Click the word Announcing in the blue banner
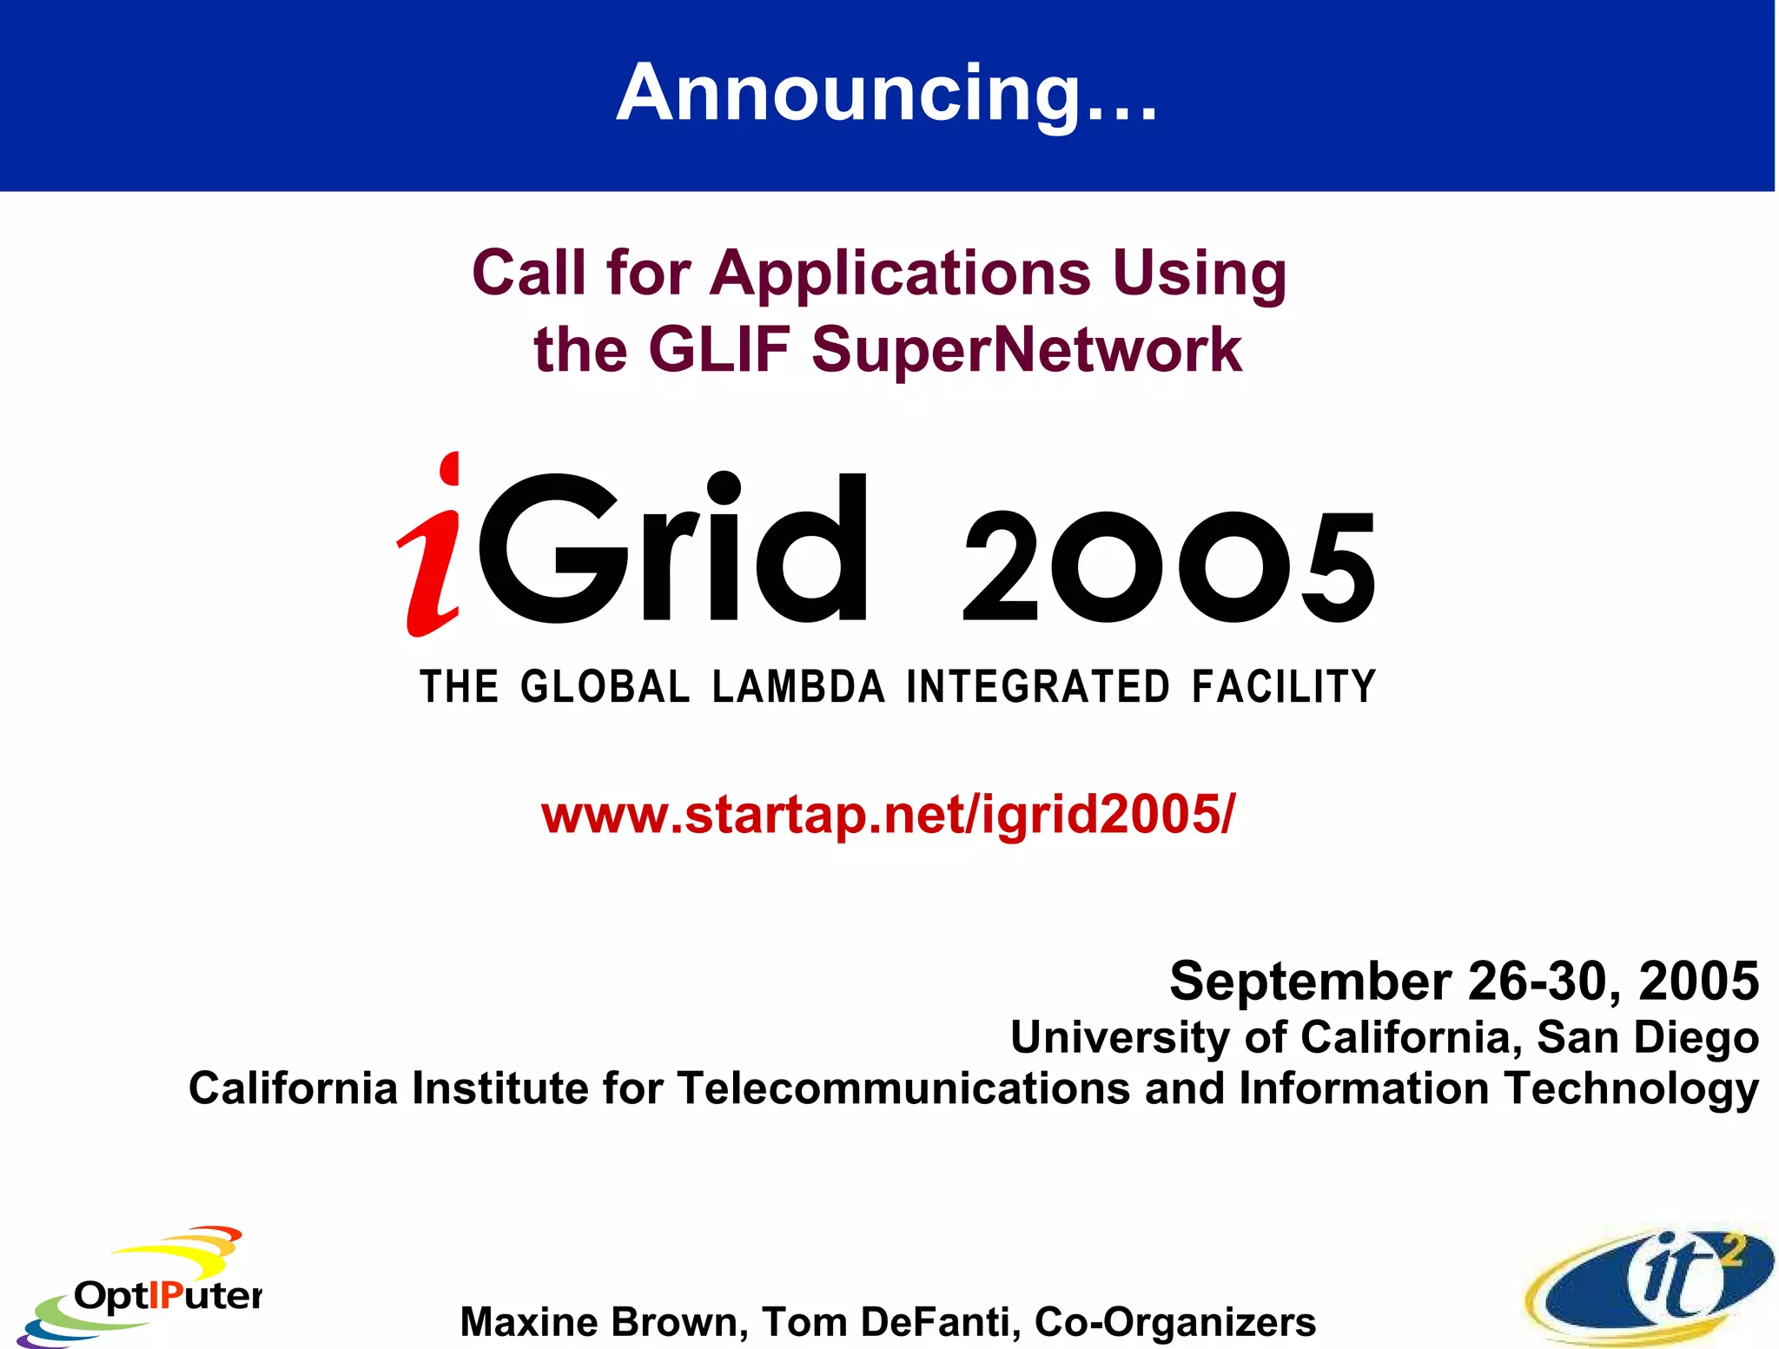[x=848, y=94]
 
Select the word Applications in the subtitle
[x=900, y=274]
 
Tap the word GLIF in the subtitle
[x=718, y=350]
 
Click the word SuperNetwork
[x=1027, y=350]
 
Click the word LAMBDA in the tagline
[x=798, y=687]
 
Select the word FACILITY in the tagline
[x=1284, y=687]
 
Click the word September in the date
[x=1310, y=982]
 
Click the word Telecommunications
[x=903, y=1089]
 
